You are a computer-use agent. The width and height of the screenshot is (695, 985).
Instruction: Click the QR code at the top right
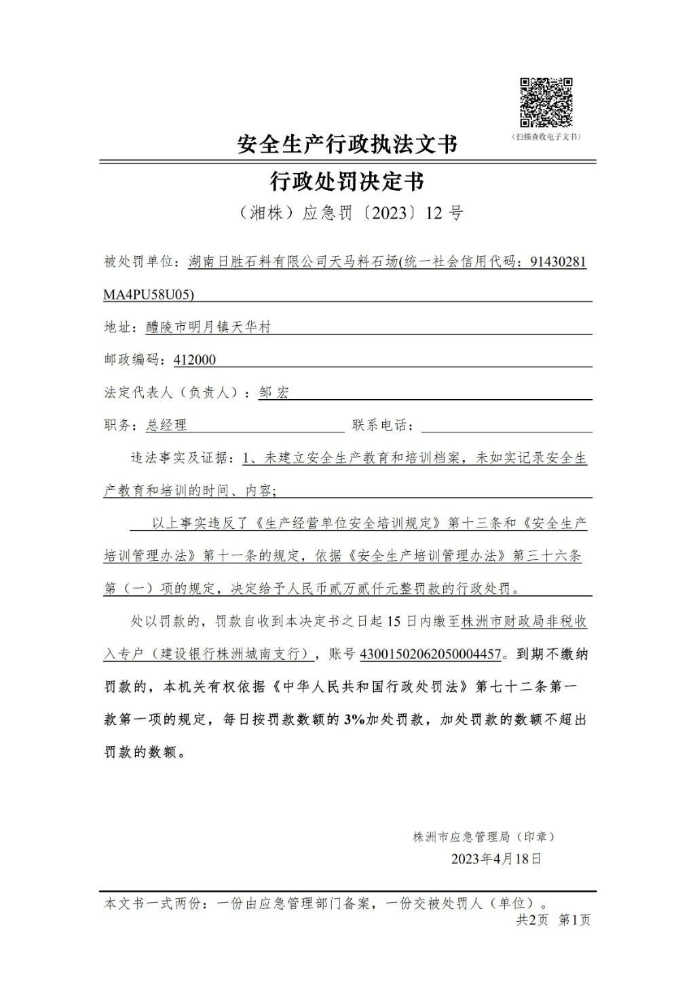tap(546, 103)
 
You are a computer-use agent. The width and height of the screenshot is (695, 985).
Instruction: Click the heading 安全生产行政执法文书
tap(347, 144)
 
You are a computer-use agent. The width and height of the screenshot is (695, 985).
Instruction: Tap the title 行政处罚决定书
tap(347, 181)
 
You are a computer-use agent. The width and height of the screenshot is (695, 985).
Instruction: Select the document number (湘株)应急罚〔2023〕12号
tap(351, 213)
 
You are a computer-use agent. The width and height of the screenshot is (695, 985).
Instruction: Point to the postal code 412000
tap(195, 360)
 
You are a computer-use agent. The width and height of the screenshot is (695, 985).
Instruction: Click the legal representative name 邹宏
tap(274, 392)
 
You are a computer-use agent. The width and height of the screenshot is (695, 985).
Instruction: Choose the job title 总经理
tap(166, 426)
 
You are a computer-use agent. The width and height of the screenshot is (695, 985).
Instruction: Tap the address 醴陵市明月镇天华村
tap(208, 327)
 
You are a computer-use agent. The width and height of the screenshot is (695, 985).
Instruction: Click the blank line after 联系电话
tap(506, 426)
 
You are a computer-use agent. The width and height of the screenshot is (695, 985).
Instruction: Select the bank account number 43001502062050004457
tap(430, 654)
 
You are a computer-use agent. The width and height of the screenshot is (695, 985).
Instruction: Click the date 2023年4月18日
tap(496, 859)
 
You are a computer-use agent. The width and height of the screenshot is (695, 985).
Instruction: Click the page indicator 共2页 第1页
tap(553, 920)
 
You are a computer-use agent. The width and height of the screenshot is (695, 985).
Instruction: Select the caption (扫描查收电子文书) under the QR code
tap(546, 136)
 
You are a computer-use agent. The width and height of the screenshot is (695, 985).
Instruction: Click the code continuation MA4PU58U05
tap(149, 295)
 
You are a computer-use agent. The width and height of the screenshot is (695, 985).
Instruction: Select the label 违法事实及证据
tap(179, 458)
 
